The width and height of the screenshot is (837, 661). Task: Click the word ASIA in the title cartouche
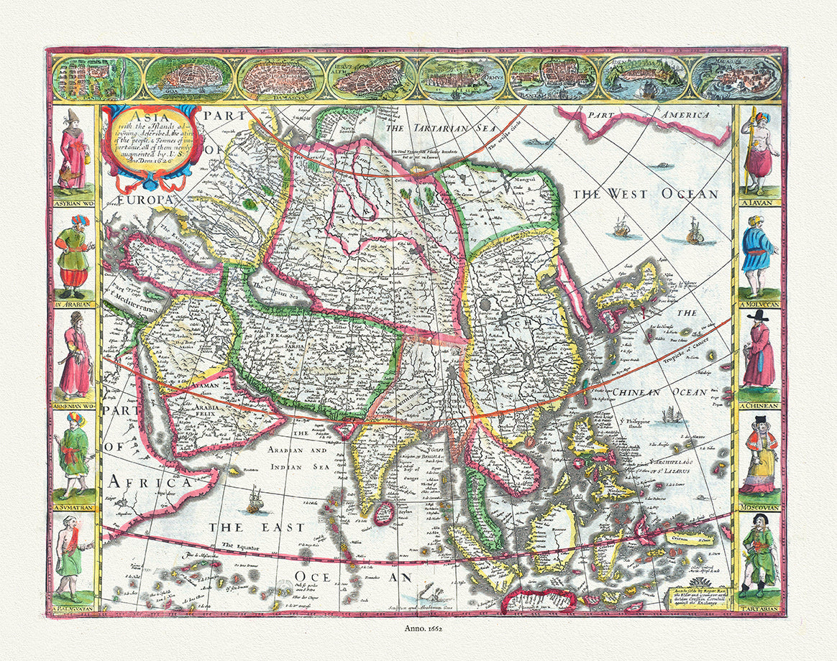(x=140, y=117)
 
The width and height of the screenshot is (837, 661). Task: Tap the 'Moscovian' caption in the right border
(x=759, y=507)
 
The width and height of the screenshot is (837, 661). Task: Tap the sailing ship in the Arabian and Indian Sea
(x=255, y=500)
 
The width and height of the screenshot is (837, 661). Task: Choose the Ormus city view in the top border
(x=460, y=78)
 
